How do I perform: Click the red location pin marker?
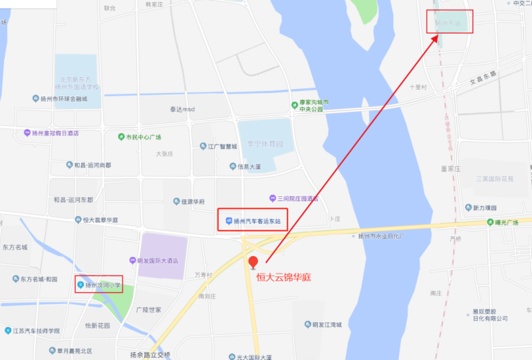(253, 262)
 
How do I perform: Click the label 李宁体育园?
(265, 144)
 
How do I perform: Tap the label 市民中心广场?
(144, 137)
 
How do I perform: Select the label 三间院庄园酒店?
(297, 198)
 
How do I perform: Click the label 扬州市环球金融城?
(64, 98)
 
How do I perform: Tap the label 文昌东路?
(483, 77)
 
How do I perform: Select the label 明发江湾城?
(327, 325)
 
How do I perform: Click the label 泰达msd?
(180, 109)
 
